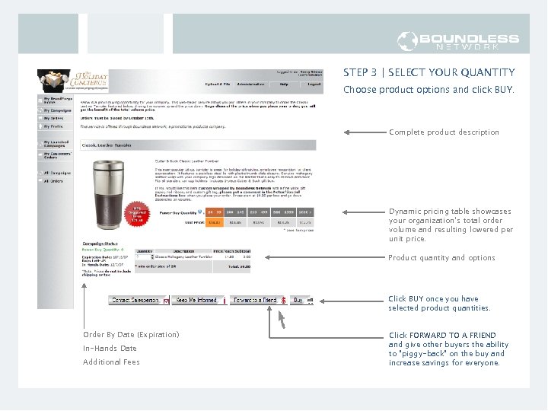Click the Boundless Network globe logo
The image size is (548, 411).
pos(407,41)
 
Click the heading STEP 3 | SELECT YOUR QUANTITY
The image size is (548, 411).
pos(429,73)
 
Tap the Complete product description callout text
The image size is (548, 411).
pos(444,132)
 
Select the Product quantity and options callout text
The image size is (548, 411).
pos(441,258)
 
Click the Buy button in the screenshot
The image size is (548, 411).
pos(299,301)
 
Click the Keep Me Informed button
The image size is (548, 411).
pos(197,301)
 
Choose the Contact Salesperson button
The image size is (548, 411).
pos(136,301)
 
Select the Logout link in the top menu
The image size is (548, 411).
pos(313,84)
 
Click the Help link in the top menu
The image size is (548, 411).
pos(283,84)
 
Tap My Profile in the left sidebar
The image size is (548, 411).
pos(53,127)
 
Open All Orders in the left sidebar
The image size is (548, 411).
pos(53,181)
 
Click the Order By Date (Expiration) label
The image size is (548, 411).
pos(131,335)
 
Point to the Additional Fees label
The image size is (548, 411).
pos(111,362)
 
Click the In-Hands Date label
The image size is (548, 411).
pos(110,349)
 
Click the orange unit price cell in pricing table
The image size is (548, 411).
pos(215,222)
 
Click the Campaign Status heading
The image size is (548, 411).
pos(100,243)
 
